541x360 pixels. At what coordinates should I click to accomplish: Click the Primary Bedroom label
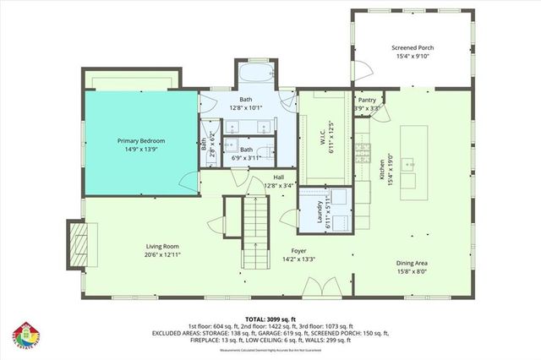pos(140,140)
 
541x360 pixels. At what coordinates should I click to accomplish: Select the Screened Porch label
pos(413,49)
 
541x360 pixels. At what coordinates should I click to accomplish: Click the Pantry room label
pos(367,100)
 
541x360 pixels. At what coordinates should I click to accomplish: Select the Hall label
pos(278,177)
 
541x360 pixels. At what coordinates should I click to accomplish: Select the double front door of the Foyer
pos(312,290)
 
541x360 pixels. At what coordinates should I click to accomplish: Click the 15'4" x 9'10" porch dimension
pos(413,57)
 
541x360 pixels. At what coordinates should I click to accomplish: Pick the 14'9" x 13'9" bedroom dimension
pos(140,149)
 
